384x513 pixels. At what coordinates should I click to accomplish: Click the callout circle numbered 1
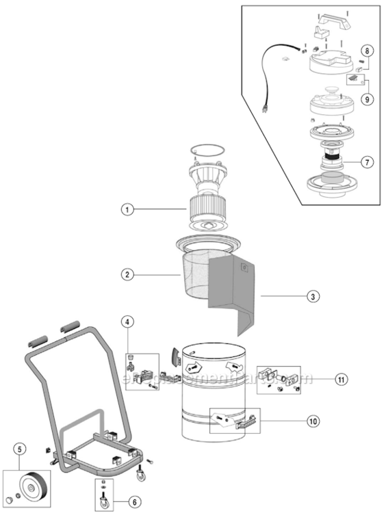[x=127, y=211]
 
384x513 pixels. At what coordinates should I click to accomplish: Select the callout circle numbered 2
[x=127, y=275]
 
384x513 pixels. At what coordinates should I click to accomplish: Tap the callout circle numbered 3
[x=312, y=297]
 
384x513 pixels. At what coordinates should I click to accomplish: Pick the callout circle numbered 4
[x=127, y=321]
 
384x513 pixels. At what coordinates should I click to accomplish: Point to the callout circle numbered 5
[x=20, y=449]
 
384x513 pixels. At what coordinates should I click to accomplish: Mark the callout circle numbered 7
[x=367, y=162]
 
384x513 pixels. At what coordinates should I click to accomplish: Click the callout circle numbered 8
[x=367, y=51]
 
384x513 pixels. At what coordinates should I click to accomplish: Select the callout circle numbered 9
[x=367, y=99]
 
